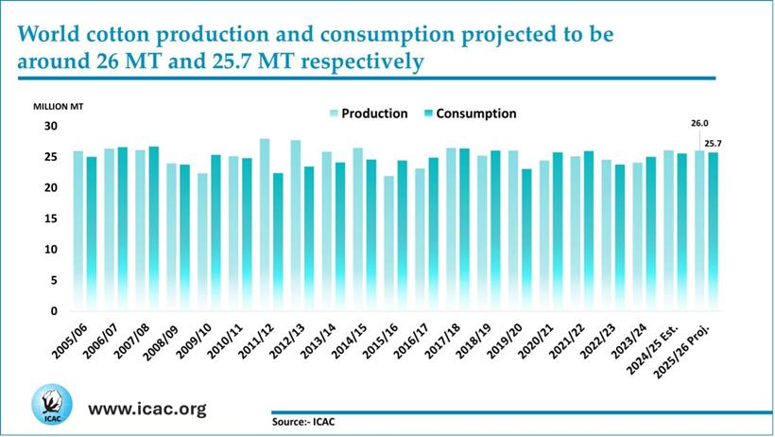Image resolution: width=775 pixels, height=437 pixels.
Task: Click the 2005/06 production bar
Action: point(77,231)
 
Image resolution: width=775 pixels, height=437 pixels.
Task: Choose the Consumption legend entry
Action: point(474,114)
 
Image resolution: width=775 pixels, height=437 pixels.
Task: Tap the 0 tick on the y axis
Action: point(54,311)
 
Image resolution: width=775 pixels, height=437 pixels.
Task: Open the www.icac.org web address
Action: point(146,409)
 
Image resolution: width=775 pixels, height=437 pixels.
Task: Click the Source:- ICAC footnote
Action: point(302,422)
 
